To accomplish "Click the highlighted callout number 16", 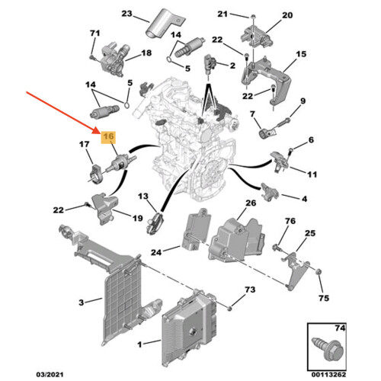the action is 108,137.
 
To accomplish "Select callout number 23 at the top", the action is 126,14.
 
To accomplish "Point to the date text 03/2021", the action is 50,374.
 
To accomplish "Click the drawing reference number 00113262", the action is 328,374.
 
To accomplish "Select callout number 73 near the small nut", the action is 250,290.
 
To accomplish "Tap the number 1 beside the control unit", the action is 139,344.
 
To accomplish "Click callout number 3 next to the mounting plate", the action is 81,303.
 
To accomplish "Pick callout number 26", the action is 251,203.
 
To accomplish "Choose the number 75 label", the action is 324,298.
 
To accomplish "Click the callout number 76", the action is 290,221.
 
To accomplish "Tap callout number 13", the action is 142,196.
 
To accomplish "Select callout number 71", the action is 94,33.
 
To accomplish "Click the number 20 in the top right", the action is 287,15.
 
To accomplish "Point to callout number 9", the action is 303,101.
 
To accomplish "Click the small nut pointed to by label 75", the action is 318,272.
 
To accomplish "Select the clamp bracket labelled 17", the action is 95,174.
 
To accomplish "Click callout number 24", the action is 156,252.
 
